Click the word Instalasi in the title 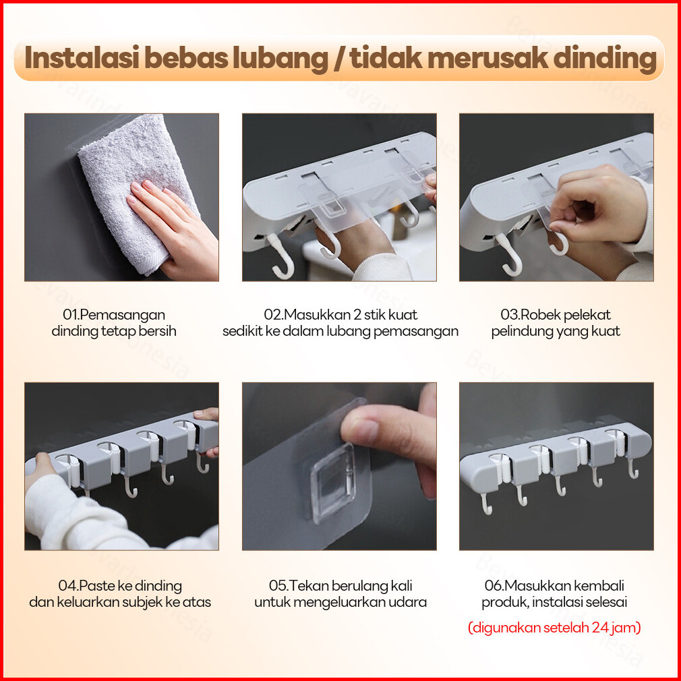(82, 58)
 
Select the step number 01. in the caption (71, 314)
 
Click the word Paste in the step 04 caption (96, 586)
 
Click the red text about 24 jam (554, 628)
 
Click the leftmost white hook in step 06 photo (486, 504)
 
